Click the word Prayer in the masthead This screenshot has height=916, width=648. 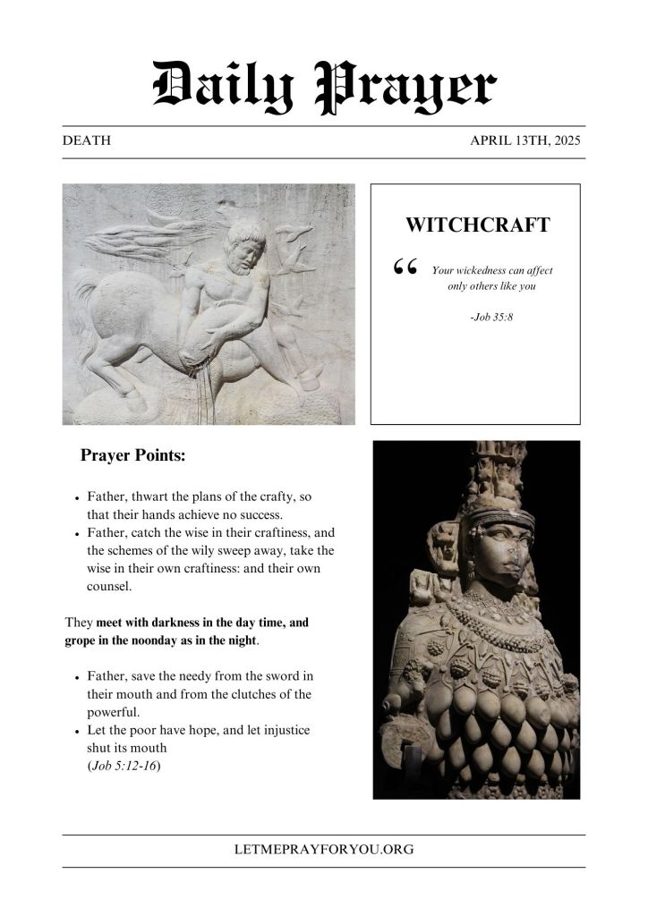pos(404,89)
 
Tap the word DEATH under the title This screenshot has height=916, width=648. pos(87,141)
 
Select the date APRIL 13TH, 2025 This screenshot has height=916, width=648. pos(527,141)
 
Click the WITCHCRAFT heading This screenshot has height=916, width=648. pos(477,225)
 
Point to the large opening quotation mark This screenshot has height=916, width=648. pos(405,267)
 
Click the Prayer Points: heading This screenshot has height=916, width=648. pos(132,454)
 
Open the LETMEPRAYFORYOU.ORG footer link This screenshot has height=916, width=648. pos(324,850)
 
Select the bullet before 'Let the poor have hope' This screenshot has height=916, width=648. pos(78,732)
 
